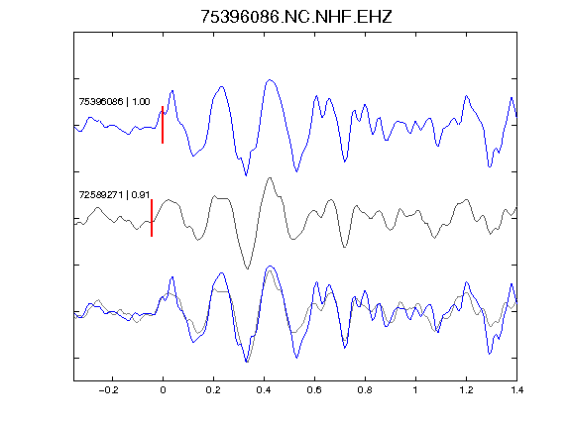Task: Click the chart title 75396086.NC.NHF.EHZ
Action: point(296,17)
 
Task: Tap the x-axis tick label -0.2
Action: point(109,390)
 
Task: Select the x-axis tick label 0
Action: point(163,390)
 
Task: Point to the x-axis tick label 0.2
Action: point(213,390)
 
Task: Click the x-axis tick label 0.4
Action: point(264,390)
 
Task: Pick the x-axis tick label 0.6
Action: point(314,390)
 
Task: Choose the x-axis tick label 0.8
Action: point(365,390)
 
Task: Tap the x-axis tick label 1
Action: point(415,390)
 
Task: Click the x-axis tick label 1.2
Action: point(466,390)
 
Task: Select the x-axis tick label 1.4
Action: point(516,390)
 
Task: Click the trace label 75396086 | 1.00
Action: point(114,101)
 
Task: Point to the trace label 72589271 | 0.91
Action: point(114,195)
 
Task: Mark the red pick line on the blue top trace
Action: point(163,125)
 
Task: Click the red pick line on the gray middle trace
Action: point(152,218)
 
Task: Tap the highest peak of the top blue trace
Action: point(270,79)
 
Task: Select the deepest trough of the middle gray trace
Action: point(248,268)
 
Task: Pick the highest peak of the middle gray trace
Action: point(270,178)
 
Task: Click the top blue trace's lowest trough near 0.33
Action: point(246,175)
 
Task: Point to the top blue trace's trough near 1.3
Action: point(490,166)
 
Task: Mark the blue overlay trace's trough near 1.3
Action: point(490,354)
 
